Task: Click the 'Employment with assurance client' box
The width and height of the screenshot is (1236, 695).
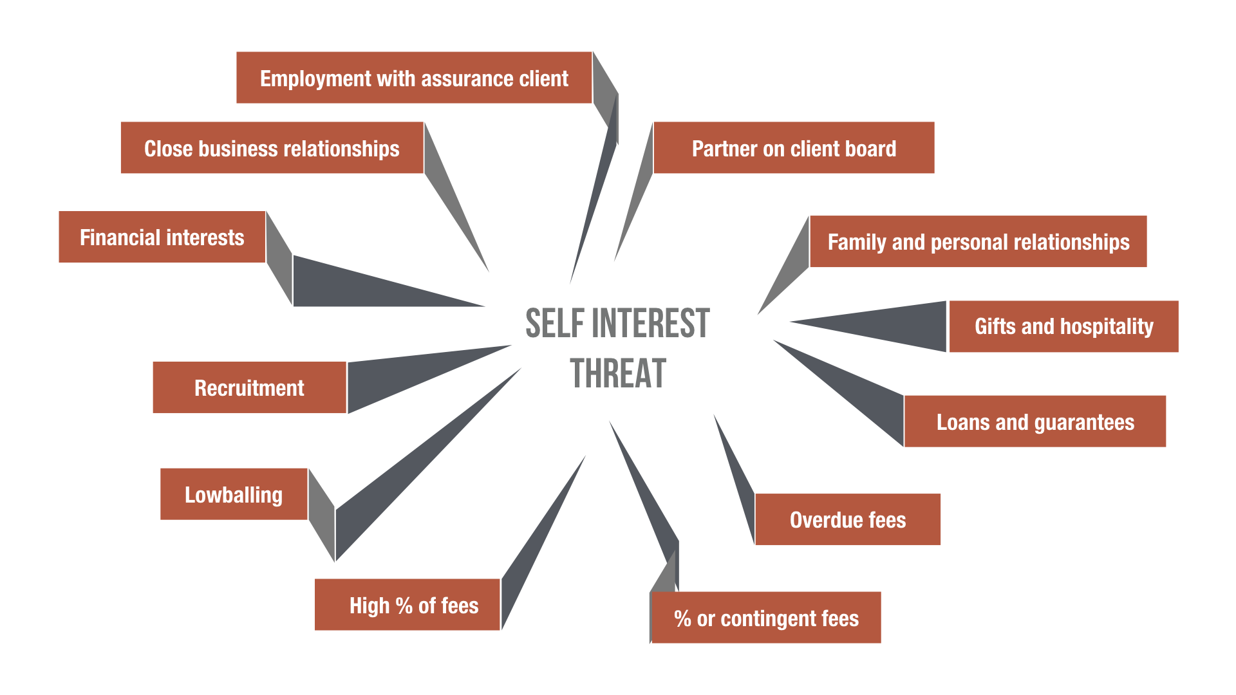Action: [x=414, y=78]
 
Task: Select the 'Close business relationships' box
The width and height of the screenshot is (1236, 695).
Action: [x=272, y=148]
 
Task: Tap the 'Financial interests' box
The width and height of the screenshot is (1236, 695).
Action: [x=162, y=237]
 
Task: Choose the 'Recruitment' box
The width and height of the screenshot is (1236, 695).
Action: [x=249, y=387]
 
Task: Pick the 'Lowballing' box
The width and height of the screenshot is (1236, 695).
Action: [x=234, y=494]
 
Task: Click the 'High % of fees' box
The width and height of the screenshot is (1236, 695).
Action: [x=407, y=605]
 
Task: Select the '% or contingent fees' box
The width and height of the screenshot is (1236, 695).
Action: [x=766, y=618]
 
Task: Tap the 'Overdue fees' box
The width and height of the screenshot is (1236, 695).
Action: [x=847, y=519]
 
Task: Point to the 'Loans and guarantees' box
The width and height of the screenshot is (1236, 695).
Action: [x=1035, y=422]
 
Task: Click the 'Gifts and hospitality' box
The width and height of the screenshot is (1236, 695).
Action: [x=1063, y=326]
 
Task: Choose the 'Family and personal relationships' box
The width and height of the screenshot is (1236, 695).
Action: [x=978, y=241]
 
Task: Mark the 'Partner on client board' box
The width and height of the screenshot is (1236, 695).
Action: [x=794, y=148]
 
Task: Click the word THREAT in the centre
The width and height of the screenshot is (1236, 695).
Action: [x=618, y=374]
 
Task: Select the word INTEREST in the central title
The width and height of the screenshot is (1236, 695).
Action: [x=650, y=323]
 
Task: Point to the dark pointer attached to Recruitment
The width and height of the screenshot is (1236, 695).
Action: [x=399, y=376]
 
